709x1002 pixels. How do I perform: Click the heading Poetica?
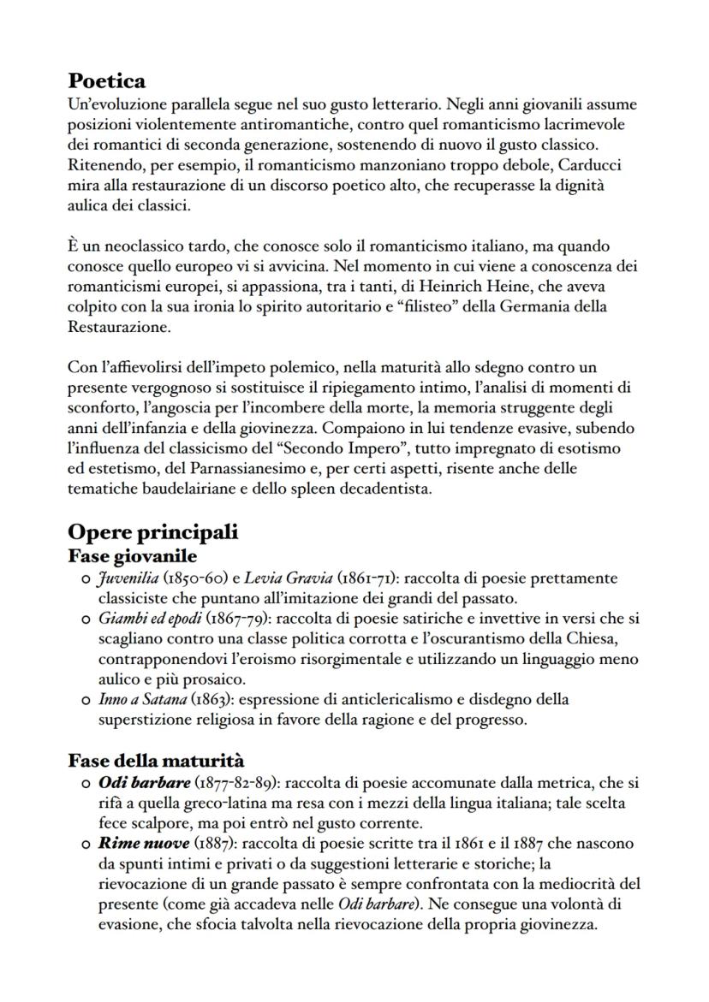106,81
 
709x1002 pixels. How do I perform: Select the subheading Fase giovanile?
132,555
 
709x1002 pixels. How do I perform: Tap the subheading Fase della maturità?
156,760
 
